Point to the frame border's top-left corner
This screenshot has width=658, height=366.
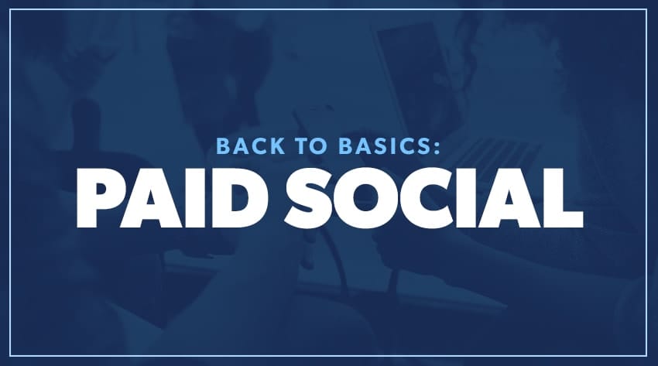[x=10, y=9]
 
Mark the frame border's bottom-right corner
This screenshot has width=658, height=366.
[x=646, y=356]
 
